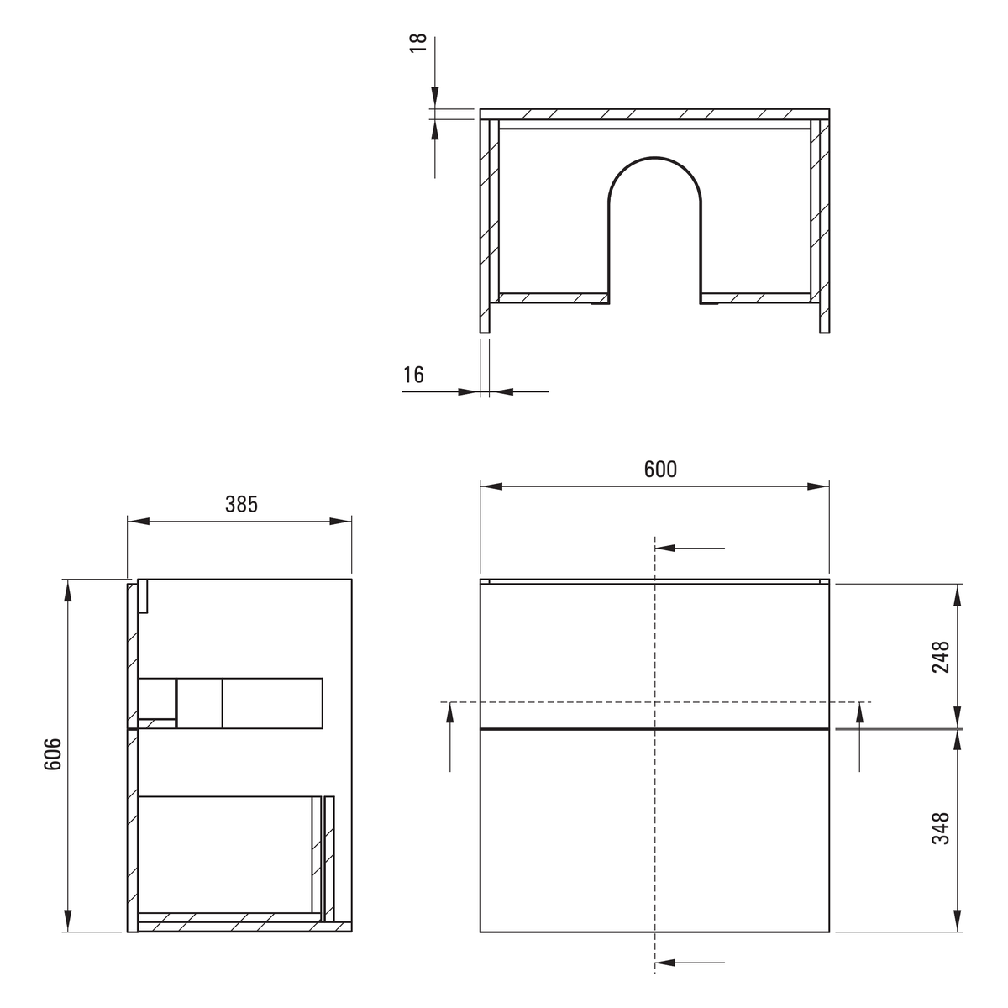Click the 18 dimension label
coord(418,43)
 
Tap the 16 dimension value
coord(413,375)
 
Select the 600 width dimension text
coord(660,470)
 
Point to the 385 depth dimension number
coord(242,504)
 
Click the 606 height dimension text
coord(52,753)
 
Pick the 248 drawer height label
coord(941,657)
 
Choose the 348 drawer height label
coord(941,828)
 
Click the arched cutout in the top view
coord(654,157)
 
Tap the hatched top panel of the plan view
coord(654,114)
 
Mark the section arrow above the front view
coord(690,549)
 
